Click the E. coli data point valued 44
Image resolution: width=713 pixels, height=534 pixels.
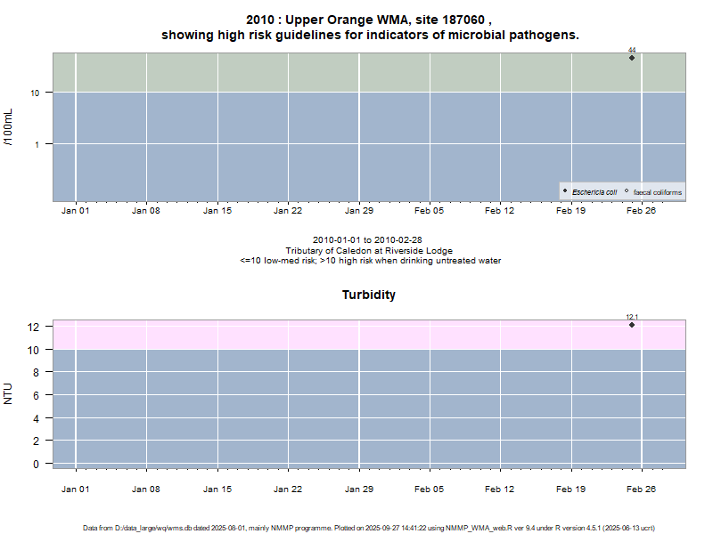tap(632, 58)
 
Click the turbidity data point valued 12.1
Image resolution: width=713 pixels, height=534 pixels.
tap(632, 325)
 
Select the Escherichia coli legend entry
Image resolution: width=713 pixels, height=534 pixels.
tap(594, 192)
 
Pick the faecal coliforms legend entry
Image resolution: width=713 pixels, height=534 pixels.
tap(657, 192)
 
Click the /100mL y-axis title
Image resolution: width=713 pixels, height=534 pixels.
tap(9, 127)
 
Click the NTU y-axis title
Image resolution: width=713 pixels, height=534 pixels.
tap(9, 392)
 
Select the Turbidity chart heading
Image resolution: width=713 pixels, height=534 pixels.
tap(369, 295)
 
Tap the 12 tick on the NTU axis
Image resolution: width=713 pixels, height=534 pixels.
tap(34, 328)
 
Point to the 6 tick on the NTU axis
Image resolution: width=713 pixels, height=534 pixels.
tap(36, 395)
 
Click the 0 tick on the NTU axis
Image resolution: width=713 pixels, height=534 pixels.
tap(36, 464)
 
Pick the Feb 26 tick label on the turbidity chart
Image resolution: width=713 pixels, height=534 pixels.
tap(642, 489)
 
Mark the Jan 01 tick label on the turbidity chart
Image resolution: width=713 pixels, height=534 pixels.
tap(75, 489)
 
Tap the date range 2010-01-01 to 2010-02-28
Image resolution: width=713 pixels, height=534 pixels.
tap(369, 240)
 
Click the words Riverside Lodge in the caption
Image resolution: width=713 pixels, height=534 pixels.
tap(423, 251)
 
